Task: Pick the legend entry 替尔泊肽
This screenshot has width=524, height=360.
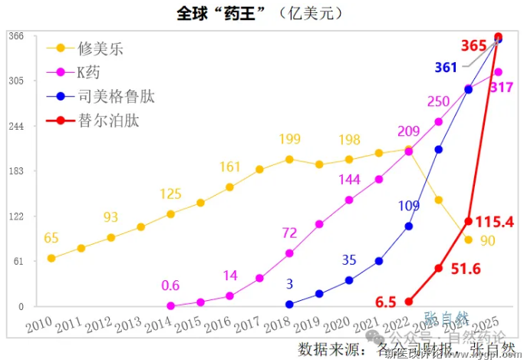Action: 108,121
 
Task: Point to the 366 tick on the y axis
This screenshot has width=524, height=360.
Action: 16,36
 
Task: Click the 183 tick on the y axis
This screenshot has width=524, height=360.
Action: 16,171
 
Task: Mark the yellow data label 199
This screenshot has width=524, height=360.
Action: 290,140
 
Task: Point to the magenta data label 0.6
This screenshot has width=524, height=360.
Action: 170,286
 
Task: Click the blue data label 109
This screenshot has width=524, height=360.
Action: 410,206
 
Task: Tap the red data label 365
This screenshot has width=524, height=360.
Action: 473,46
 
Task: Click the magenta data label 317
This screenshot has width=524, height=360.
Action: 501,88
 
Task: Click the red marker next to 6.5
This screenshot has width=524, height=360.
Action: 409,302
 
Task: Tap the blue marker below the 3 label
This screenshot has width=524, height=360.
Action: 289,304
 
